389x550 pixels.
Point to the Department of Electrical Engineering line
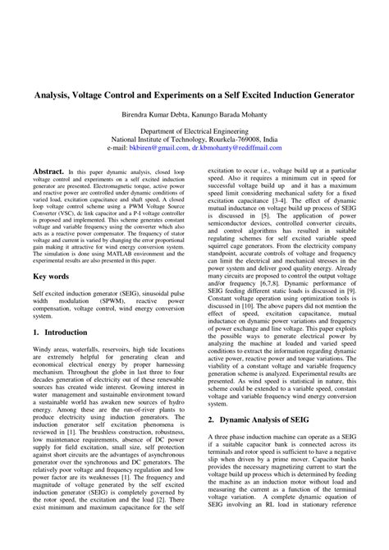pos(194,131)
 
